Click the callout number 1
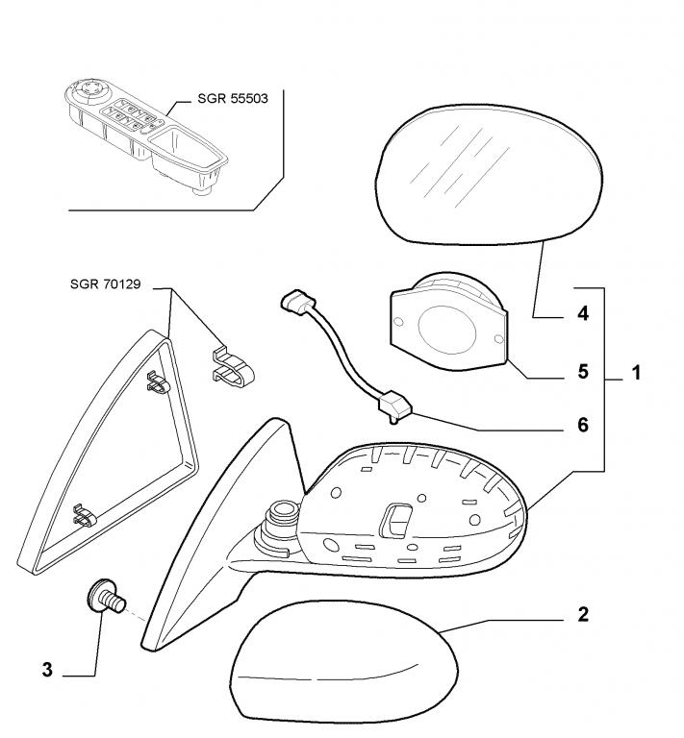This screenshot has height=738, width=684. pos(636,373)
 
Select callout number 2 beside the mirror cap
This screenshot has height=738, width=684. pos(583,614)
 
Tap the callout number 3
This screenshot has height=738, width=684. pos(47,670)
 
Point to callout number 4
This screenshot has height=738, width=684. pos(583,313)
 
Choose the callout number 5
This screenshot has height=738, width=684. pos(583,372)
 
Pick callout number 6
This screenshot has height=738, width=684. pos(583,425)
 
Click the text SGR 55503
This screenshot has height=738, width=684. pos(233,98)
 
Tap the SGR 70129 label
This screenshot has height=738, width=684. pos(106,284)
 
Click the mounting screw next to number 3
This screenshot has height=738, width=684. pos(107,597)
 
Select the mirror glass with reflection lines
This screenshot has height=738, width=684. pos(490,175)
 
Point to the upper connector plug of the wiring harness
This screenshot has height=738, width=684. pos(294,301)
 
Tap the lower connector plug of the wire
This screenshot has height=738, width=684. pos(394,406)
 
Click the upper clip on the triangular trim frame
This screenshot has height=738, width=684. pos(159,382)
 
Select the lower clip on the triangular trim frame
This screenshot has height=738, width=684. pos(85,516)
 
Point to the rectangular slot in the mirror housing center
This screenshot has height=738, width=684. pos(394,521)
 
